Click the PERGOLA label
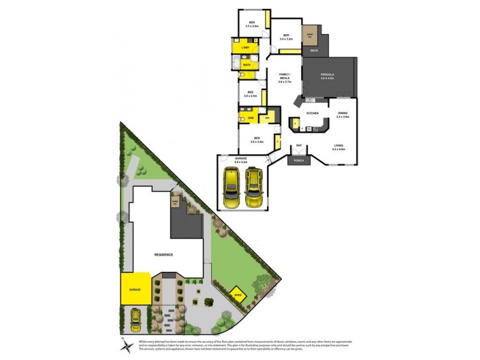(327, 75)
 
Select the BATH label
(246, 64)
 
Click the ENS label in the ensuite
(251, 118)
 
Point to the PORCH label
(298, 160)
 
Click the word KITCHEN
(312, 113)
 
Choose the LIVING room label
(339, 146)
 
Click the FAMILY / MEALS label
(285, 77)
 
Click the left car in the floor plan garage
(232, 188)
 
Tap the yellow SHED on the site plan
(238, 295)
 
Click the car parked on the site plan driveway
(135, 320)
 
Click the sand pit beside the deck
(310, 34)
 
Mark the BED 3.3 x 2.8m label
(252, 24)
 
